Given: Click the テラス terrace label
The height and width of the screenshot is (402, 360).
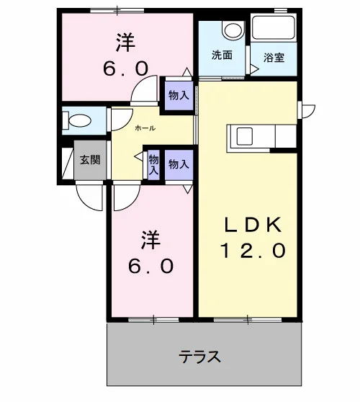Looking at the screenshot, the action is (199, 357).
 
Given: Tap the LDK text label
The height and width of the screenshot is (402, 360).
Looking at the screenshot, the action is (253, 225).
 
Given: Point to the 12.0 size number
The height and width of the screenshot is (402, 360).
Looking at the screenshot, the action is (253, 251).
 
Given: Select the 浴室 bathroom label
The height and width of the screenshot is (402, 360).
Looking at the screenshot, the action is (274, 57).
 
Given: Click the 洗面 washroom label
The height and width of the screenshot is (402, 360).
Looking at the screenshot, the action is (222, 55).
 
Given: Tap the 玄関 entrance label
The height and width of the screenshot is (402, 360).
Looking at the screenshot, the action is (90, 159).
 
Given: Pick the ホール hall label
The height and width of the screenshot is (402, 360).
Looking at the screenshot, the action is (145, 128).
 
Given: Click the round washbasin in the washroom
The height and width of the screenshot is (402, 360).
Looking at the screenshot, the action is (233, 30).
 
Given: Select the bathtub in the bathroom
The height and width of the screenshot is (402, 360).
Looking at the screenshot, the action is (274, 27).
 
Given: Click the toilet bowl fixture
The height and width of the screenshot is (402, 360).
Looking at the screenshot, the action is (77, 120).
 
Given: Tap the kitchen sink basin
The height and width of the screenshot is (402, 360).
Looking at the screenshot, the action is (245, 137).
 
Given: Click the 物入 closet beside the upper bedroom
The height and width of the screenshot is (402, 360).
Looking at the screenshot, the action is (179, 96).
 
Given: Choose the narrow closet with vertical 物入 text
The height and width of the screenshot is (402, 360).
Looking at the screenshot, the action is (153, 164).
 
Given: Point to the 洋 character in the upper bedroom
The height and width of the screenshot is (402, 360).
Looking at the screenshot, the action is (125, 43).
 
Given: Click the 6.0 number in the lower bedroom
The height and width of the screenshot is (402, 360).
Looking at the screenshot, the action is (150, 266).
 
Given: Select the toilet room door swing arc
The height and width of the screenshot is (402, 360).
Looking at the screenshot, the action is (126, 125).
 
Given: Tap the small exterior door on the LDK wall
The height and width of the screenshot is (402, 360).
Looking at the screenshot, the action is (308, 110).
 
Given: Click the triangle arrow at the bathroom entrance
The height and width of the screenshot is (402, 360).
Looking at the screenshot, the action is (254, 69).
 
